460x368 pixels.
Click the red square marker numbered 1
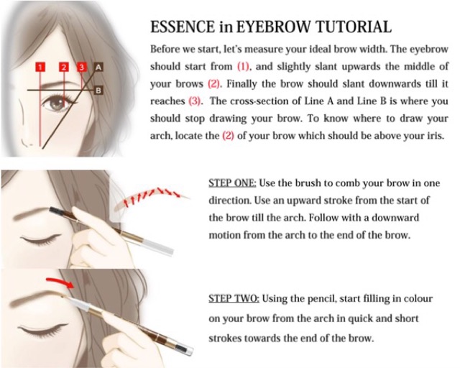point(40,67)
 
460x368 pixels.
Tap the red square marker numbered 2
point(64,67)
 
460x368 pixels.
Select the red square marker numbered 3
point(81,67)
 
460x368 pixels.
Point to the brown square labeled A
point(98,67)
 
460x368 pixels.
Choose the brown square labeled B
point(98,91)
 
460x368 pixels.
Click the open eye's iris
point(56,104)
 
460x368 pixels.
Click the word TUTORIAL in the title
point(354,27)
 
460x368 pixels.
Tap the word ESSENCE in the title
point(183,27)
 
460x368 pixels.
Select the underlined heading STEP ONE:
point(232,183)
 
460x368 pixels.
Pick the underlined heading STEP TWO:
point(234,298)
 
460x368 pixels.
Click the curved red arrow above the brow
point(60,282)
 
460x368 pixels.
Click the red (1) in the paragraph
point(243,66)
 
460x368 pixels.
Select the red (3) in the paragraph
point(194,101)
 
